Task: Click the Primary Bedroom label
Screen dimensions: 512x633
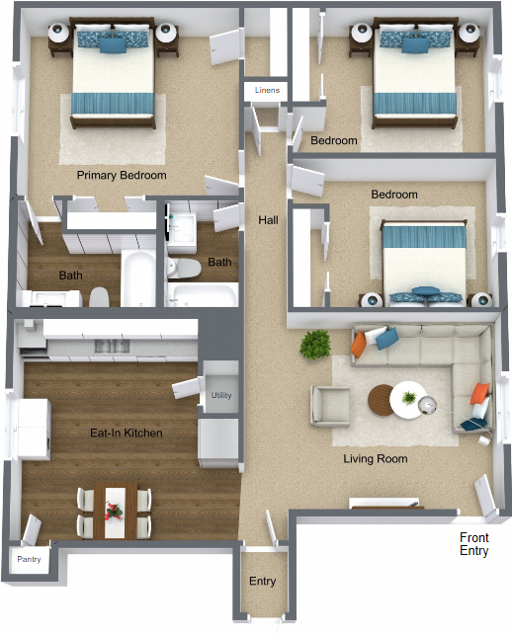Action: pos(122,175)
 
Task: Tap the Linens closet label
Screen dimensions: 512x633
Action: pos(267,90)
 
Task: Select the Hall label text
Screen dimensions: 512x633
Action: pos(268,220)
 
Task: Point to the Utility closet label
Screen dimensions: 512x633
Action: pos(221,395)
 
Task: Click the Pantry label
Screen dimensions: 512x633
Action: pos(29,559)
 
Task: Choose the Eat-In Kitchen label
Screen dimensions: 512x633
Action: pos(127,434)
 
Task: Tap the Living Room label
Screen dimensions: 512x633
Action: pos(376,458)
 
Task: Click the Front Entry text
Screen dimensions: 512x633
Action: pos(474,544)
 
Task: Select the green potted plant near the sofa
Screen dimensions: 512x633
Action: pos(315,345)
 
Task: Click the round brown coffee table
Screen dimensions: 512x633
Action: pos(380,400)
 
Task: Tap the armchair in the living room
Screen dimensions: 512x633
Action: pos(330,406)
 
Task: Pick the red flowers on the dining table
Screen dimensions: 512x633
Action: pos(114,511)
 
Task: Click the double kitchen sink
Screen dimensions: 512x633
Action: pos(112,346)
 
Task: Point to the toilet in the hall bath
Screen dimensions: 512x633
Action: pos(184,268)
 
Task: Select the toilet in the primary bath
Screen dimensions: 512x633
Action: pos(99,297)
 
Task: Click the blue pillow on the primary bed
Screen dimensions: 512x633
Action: pos(113,45)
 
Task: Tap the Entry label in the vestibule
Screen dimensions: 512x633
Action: pos(262,581)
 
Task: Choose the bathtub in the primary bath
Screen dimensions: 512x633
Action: pos(138,278)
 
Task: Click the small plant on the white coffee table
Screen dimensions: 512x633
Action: pos(409,398)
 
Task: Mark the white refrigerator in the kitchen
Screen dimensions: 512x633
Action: pos(34,430)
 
